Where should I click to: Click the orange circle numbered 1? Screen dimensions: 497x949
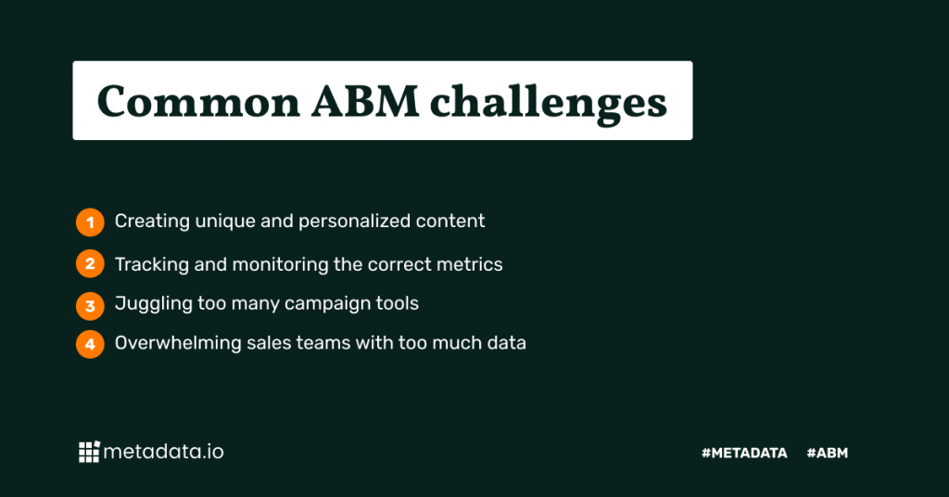click(x=90, y=222)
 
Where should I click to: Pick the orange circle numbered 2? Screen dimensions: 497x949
click(x=90, y=264)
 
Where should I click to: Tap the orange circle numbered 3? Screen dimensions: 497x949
click(x=90, y=304)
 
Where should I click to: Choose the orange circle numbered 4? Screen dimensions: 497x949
click(x=90, y=344)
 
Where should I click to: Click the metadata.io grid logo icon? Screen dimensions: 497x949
click(x=89, y=452)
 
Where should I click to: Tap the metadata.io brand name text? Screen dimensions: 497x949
click(x=163, y=452)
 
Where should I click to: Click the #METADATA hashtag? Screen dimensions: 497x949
click(x=744, y=453)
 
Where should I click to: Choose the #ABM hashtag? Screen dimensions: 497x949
click(x=828, y=453)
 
